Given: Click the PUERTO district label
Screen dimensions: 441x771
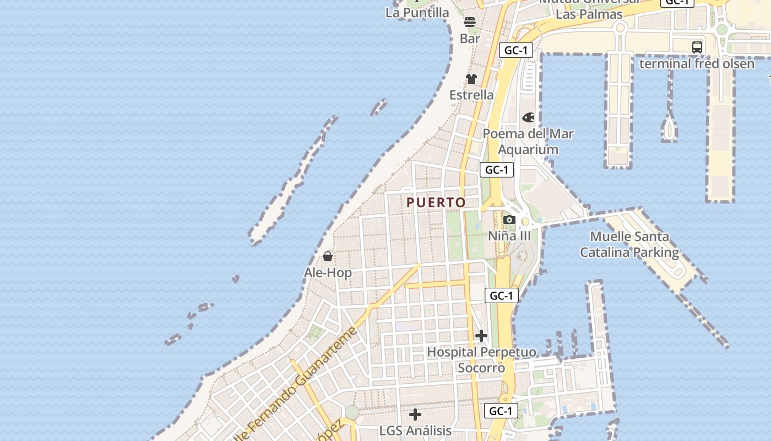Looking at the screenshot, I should pyautogui.click(x=436, y=202).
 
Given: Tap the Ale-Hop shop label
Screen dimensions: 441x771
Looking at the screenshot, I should pyautogui.click(x=328, y=272).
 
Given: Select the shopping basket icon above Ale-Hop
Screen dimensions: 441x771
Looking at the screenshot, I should pyautogui.click(x=328, y=256).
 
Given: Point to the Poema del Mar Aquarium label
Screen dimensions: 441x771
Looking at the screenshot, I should pyautogui.click(x=528, y=142).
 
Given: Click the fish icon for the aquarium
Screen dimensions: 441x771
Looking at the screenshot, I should pyautogui.click(x=528, y=117).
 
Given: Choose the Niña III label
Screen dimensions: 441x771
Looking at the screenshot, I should pyautogui.click(x=509, y=236).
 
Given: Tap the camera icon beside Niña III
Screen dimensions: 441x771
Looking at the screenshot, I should pyautogui.click(x=509, y=220).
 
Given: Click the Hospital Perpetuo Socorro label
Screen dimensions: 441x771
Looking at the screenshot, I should pyautogui.click(x=481, y=359).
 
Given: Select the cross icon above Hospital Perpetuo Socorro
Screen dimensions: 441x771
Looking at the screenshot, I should pyautogui.click(x=481, y=335).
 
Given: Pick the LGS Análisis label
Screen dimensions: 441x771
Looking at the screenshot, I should pyautogui.click(x=415, y=431).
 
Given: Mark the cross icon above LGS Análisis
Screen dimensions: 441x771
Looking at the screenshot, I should pyautogui.click(x=415, y=414).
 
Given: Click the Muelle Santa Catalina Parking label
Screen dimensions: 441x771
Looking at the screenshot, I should pyautogui.click(x=629, y=244).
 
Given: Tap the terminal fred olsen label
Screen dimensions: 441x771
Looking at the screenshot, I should pyautogui.click(x=697, y=63).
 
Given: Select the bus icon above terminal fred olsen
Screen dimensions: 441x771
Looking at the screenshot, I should pyautogui.click(x=697, y=47).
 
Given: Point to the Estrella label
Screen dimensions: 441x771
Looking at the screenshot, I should pyautogui.click(x=471, y=95).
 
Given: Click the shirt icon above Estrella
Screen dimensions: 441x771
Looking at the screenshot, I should pyautogui.click(x=471, y=79).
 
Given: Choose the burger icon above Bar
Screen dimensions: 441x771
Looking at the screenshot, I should pyautogui.click(x=470, y=23).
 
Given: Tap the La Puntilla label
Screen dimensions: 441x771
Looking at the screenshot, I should pyautogui.click(x=417, y=12).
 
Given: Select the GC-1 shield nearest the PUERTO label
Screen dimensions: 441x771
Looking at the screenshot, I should pyautogui.click(x=497, y=170).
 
